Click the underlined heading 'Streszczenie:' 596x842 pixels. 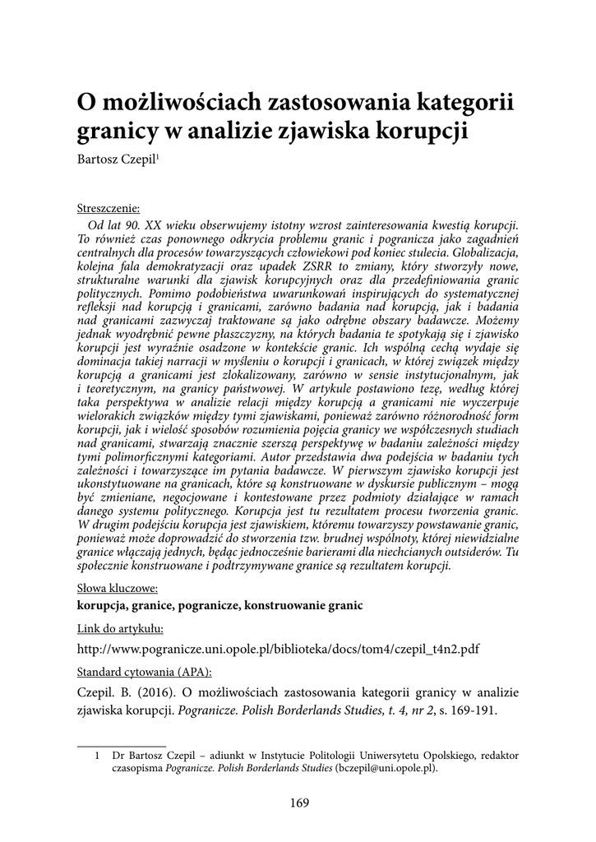tap(108, 208)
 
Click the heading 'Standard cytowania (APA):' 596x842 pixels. tap(143, 669)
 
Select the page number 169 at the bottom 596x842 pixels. tap(298, 803)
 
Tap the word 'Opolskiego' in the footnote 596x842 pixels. tap(441, 755)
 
